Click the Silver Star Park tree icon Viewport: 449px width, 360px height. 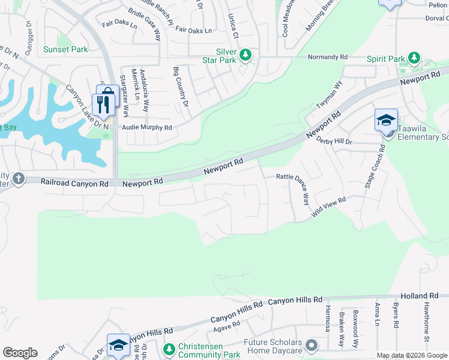click(x=245, y=56)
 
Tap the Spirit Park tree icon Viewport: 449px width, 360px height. click(x=414, y=58)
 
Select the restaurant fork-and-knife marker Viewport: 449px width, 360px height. click(x=106, y=104)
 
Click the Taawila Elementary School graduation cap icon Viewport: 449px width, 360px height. click(x=386, y=120)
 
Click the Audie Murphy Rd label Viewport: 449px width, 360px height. click(x=147, y=128)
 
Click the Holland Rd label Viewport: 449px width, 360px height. click(x=421, y=296)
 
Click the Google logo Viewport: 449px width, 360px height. click(x=20, y=353)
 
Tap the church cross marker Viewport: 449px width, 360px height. click(x=18, y=178)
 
